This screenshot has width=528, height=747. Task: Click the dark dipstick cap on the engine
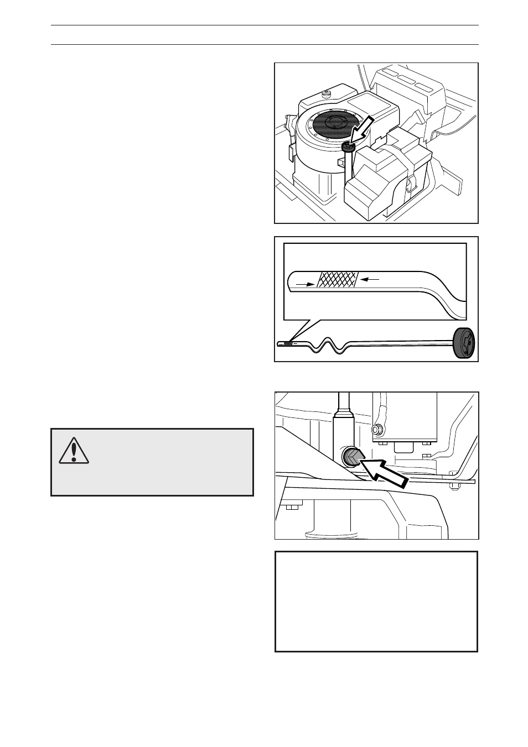click(348, 147)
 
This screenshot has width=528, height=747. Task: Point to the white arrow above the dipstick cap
click(363, 130)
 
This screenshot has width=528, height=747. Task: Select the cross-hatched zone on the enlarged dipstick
click(337, 281)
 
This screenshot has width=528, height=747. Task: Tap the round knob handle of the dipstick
click(464, 344)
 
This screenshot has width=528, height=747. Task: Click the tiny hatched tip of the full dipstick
click(287, 343)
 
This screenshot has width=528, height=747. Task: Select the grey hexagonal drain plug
click(353, 457)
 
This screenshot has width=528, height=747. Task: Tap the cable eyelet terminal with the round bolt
click(377, 429)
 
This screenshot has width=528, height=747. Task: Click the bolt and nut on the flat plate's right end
click(454, 485)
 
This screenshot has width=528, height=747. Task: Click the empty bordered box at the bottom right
click(376, 601)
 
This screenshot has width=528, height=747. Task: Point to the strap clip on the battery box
click(410, 184)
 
